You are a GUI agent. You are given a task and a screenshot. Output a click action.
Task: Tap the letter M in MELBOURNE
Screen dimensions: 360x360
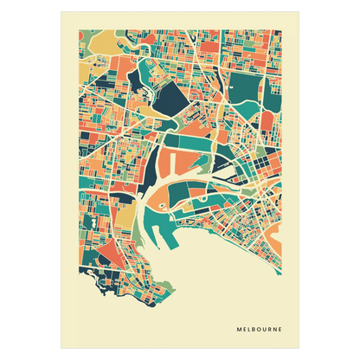tap(238, 327)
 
